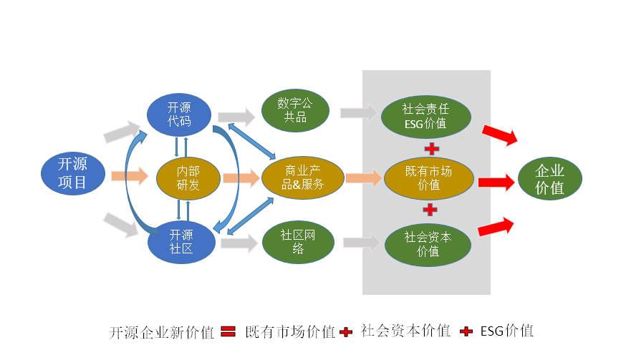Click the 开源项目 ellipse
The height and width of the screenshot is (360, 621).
[x=72, y=174]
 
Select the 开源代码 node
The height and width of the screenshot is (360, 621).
[x=179, y=114]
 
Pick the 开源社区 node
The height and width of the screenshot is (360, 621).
[x=180, y=241]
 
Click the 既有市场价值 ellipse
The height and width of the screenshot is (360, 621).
[x=429, y=179]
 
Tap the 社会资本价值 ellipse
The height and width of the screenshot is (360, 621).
[x=428, y=244]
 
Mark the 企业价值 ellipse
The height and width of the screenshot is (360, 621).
[x=549, y=179]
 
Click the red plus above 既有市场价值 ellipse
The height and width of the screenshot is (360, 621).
[x=431, y=148]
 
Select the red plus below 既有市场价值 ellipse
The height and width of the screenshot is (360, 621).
[x=430, y=210]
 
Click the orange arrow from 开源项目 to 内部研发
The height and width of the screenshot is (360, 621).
[x=129, y=175]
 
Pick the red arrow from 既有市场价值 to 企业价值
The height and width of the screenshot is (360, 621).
[x=496, y=183]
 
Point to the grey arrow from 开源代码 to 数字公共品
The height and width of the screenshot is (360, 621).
[x=236, y=116]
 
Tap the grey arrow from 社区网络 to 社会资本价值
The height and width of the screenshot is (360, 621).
[x=360, y=243]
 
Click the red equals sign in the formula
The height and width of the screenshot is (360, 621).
[x=228, y=331]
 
